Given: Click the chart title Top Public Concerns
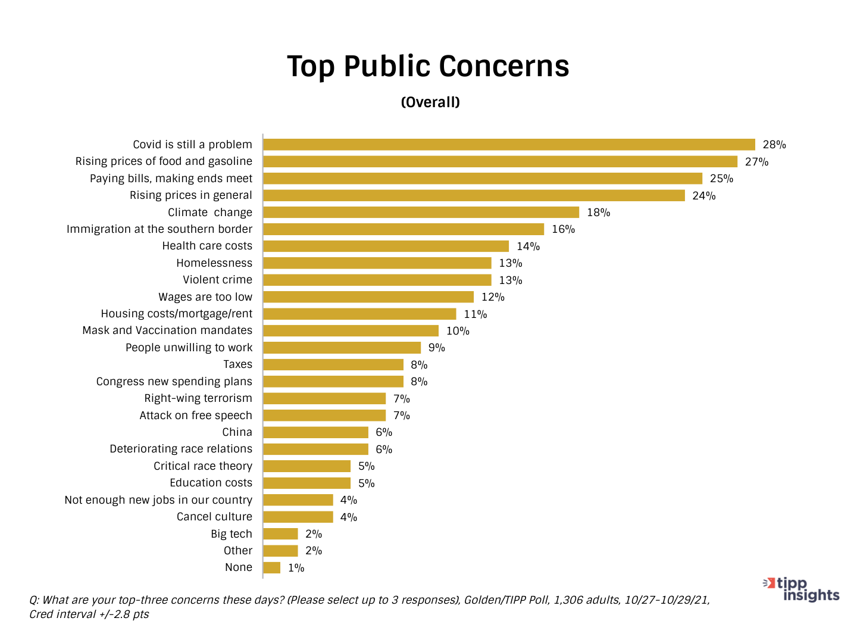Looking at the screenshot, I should (428, 66).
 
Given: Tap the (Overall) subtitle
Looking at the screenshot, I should (430, 102).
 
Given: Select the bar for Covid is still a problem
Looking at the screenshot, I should (509, 145).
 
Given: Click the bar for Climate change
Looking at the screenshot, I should (421, 213).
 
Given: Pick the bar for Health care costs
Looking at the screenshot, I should (386, 246).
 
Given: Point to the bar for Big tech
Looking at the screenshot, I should (280, 534).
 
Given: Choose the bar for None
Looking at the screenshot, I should (271, 568).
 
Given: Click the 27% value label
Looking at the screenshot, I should (756, 162).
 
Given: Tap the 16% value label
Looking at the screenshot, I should (563, 229).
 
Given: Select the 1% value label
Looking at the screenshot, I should (296, 568).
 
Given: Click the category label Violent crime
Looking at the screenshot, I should (217, 280).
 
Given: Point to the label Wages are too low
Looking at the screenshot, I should (205, 297).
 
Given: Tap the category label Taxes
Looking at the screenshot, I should (237, 364).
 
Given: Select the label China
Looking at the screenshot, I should (237, 432).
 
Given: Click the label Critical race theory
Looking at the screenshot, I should (203, 466).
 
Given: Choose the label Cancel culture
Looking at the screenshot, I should (214, 517).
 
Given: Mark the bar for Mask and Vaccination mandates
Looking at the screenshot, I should (351, 331).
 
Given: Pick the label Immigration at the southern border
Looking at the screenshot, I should (159, 229).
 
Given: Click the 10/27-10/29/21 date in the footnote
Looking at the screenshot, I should (667, 600).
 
